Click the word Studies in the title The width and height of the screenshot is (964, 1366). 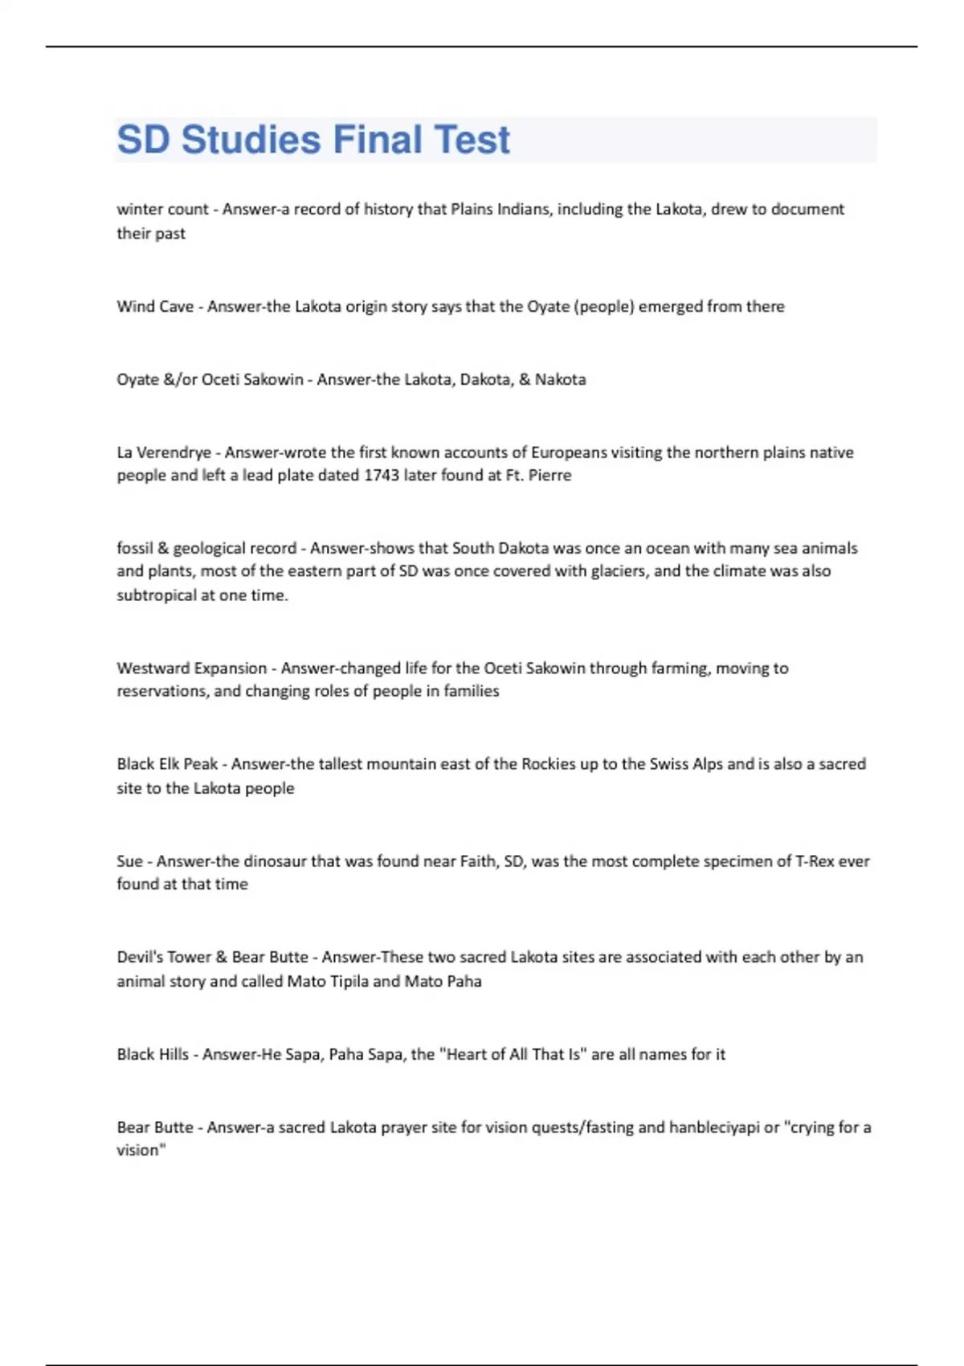pyautogui.click(x=251, y=140)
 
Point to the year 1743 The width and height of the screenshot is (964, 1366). pyautogui.click(x=382, y=475)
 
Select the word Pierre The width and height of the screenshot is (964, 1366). pyautogui.click(x=550, y=475)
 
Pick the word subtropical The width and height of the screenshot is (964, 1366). pyautogui.click(x=157, y=595)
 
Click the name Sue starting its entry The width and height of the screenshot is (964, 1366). pyautogui.click(x=129, y=861)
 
